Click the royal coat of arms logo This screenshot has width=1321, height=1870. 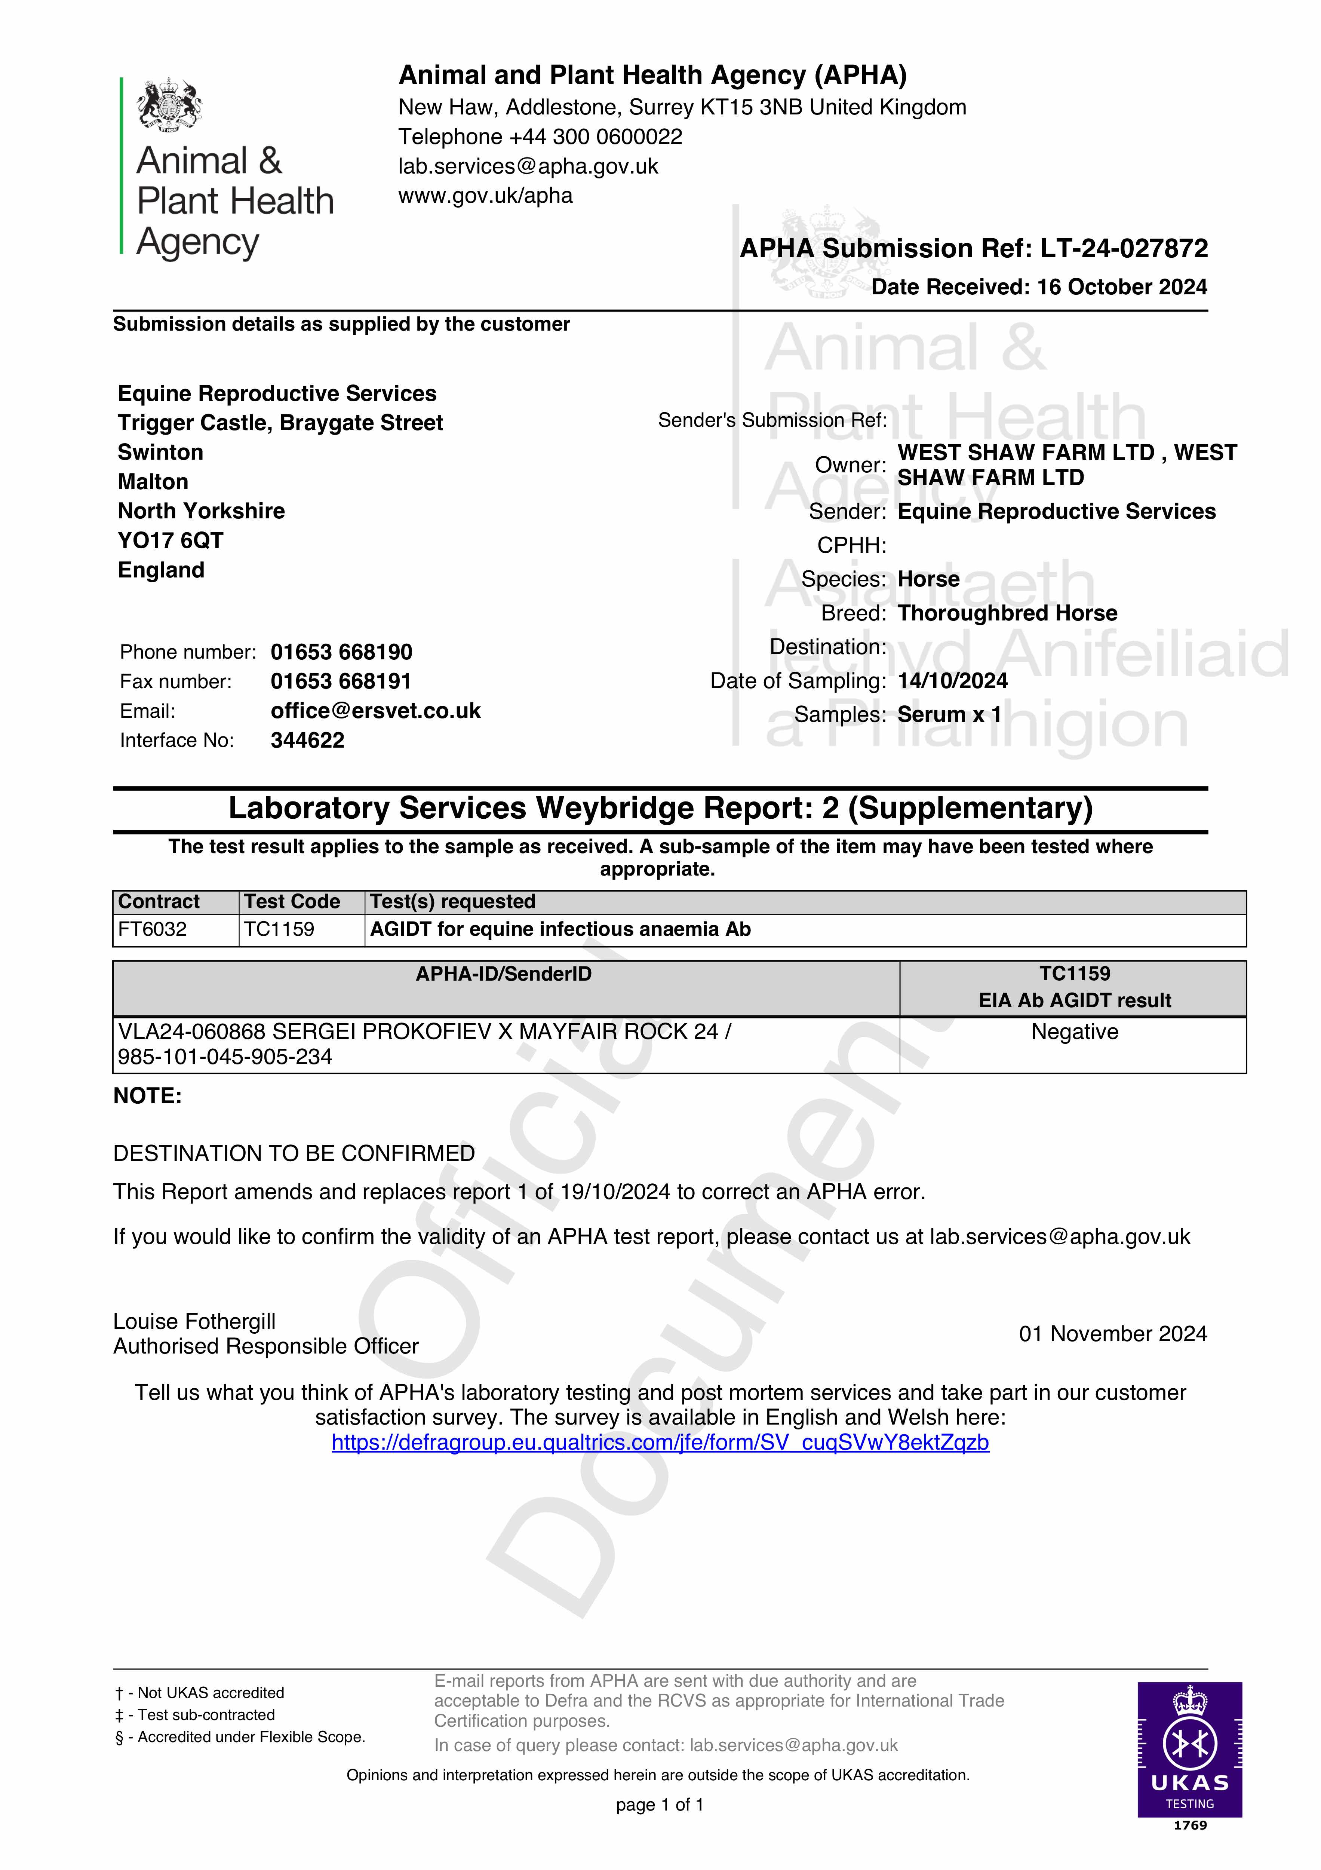(x=169, y=104)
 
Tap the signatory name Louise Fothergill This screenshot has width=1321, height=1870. (x=194, y=1321)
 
